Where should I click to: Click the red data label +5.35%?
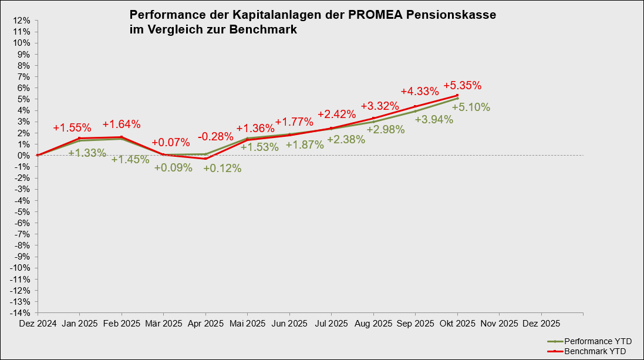[x=462, y=85]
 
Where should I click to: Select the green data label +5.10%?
[x=471, y=107]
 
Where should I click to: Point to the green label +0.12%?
[x=222, y=168]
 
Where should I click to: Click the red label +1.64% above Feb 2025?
[x=122, y=124]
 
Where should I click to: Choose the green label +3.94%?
[x=434, y=120]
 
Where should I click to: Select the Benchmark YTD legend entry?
[x=595, y=351]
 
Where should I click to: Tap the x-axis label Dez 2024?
[x=38, y=324]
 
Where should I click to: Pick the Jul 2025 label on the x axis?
[x=331, y=324]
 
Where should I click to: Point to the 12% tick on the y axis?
[x=22, y=21]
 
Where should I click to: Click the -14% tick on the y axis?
[x=21, y=312]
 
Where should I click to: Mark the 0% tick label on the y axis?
[x=24, y=156]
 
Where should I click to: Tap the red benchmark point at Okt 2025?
[x=457, y=95]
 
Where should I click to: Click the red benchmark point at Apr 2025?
[x=205, y=159]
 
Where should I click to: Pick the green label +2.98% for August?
[x=386, y=130]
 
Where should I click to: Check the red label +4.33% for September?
[x=420, y=91]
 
